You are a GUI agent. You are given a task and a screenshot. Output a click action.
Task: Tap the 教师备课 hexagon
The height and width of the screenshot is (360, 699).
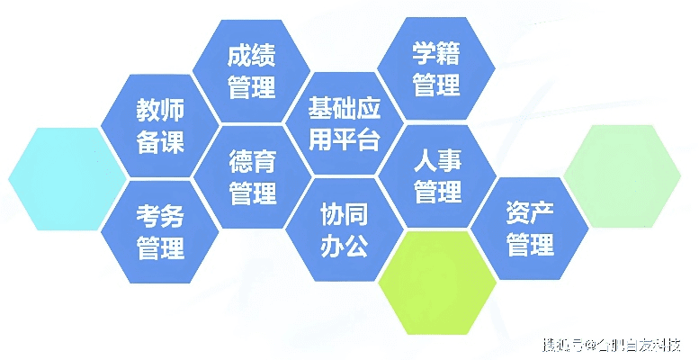coord(160,126)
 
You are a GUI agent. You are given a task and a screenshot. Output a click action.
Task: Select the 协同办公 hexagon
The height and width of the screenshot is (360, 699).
coord(345,229)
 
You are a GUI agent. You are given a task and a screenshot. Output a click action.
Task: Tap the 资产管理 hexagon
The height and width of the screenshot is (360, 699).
coord(530,229)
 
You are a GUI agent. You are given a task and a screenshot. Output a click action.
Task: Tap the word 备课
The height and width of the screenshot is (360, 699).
coord(160,142)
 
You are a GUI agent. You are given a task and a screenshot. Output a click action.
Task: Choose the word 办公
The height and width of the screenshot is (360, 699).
coord(345,246)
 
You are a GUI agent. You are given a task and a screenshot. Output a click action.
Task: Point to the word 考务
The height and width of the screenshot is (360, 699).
coord(160,215)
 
